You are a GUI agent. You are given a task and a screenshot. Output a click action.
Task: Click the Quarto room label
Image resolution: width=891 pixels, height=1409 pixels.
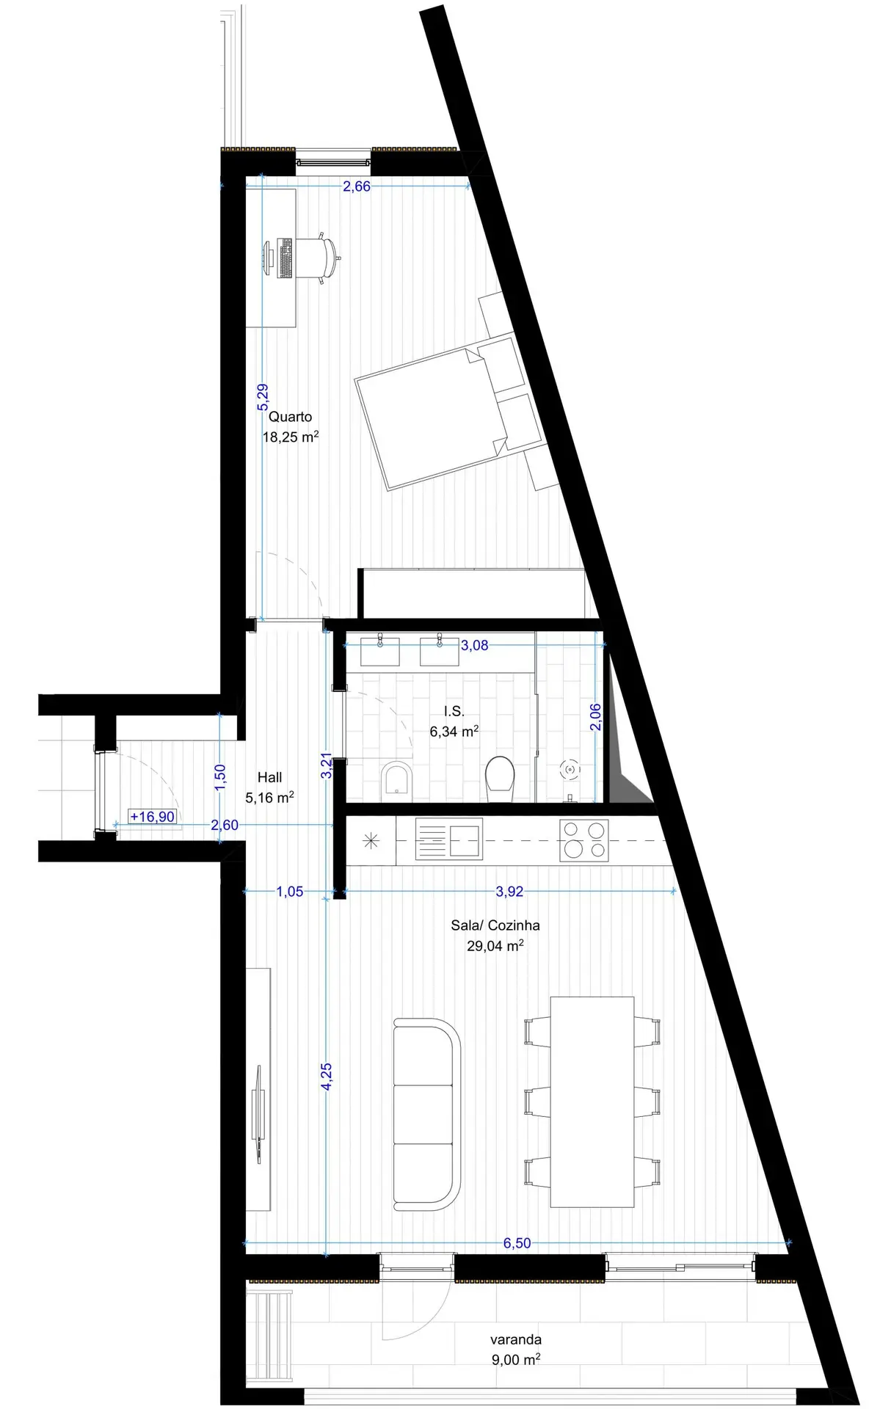click(290, 417)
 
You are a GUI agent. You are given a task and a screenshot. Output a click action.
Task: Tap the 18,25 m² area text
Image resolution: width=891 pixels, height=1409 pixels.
click(291, 437)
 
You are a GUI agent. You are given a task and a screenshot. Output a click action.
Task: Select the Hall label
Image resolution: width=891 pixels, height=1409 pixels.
click(269, 777)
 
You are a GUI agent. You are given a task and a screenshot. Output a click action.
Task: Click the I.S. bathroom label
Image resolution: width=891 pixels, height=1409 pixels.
click(454, 711)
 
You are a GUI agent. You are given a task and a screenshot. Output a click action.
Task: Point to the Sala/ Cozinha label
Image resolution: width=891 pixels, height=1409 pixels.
click(495, 925)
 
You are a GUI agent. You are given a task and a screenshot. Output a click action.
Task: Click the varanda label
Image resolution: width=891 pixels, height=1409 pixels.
click(516, 1339)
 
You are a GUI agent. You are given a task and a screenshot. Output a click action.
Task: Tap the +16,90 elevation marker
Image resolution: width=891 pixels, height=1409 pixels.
click(153, 817)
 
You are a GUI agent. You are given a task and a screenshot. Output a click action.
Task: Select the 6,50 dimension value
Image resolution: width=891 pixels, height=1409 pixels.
click(517, 1243)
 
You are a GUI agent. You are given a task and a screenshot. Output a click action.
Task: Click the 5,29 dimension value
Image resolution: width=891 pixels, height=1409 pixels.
click(263, 398)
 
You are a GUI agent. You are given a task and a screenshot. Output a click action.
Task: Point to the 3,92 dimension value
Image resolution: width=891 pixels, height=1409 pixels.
click(509, 892)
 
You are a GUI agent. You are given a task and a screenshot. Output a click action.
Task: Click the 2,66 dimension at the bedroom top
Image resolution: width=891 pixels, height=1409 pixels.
click(357, 186)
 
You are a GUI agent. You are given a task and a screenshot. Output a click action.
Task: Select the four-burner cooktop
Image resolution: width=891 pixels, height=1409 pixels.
click(584, 840)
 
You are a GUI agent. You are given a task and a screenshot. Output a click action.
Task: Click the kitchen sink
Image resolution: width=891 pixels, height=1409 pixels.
click(449, 839)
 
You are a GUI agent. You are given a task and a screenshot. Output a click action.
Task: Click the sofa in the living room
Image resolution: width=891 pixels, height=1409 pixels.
click(427, 1114)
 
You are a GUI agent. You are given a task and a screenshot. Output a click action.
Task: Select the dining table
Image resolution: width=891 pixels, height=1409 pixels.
click(592, 1102)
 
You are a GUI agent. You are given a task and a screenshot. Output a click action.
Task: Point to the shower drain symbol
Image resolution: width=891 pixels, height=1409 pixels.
click(570, 770)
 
